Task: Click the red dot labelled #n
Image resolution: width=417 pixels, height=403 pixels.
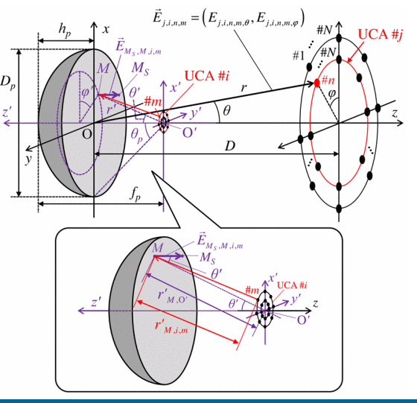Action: pyautogui.click(x=316, y=83)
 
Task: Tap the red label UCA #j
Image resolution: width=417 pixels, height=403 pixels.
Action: pyautogui.click(x=381, y=34)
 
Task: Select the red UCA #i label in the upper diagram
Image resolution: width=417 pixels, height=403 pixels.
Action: pyautogui.click(x=207, y=76)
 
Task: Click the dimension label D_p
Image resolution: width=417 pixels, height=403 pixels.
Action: pyautogui.click(x=7, y=82)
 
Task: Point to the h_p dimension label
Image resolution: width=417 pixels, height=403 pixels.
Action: pyautogui.click(x=65, y=30)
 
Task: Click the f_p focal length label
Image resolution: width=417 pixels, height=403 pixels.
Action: pyautogui.click(x=135, y=194)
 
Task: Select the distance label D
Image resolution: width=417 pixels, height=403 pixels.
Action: pyautogui.click(x=230, y=146)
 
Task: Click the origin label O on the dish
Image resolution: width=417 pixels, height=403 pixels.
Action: pyautogui.click(x=86, y=134)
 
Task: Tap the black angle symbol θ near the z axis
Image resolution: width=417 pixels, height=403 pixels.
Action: pyautogui.click(x=226, y=110)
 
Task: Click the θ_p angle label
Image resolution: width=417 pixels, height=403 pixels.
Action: pyautogui.click(x=136, y=136)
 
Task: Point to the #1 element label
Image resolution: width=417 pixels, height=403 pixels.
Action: pyautogui.click(x=299, y=56)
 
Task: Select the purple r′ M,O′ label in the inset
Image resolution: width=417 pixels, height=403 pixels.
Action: pyautogui.click(x=172, y=297)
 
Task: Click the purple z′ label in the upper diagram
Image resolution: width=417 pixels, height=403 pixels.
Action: pyautogui.click(x=7, y=112)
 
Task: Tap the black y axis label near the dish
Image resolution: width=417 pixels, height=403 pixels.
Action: pyautogui.click(x=28, y=159)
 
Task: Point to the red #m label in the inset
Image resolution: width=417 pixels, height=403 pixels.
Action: pyautogui.click(x=252, y=290)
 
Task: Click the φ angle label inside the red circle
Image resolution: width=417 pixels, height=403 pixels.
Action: pyautogui.click(x=332, y=94)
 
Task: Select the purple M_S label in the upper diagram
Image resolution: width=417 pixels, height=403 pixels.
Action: pyautogui.click(x=140, y=69)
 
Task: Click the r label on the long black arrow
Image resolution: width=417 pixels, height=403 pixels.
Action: pyautogui.click(x=243, y=87)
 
